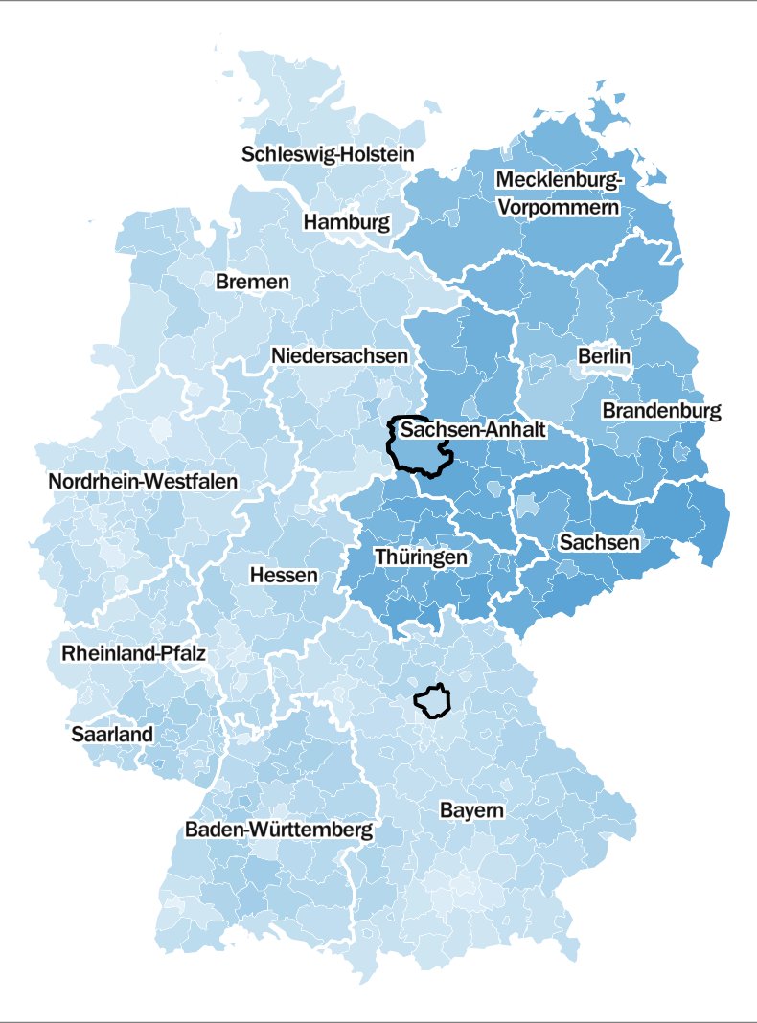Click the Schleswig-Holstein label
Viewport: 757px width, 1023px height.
coord(328,153)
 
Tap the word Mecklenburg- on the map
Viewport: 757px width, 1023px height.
coord(560,180)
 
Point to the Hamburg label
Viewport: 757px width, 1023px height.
coord(347,222)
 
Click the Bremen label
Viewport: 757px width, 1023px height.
coord(252,282)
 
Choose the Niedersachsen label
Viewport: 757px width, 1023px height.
coord(339,355)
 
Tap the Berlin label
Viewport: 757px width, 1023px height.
coord(605,355)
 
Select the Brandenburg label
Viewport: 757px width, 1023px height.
coord(661,410)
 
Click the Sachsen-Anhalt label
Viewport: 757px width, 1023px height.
coord(473,430)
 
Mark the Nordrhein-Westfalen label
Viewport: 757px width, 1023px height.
coord(143,482)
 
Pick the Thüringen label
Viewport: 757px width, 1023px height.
coord(422,557)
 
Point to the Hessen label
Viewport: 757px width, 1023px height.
coord(284,575)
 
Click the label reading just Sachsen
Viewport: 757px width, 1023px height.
coord(599,542)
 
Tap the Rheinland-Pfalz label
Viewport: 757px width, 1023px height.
coord(134,654)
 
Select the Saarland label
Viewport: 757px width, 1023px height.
coord(112,734)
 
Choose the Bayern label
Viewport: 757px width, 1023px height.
coord(471,810)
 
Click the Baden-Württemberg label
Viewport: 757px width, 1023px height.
coord(279,830)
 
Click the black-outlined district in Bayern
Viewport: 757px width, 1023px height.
coord(433,701)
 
